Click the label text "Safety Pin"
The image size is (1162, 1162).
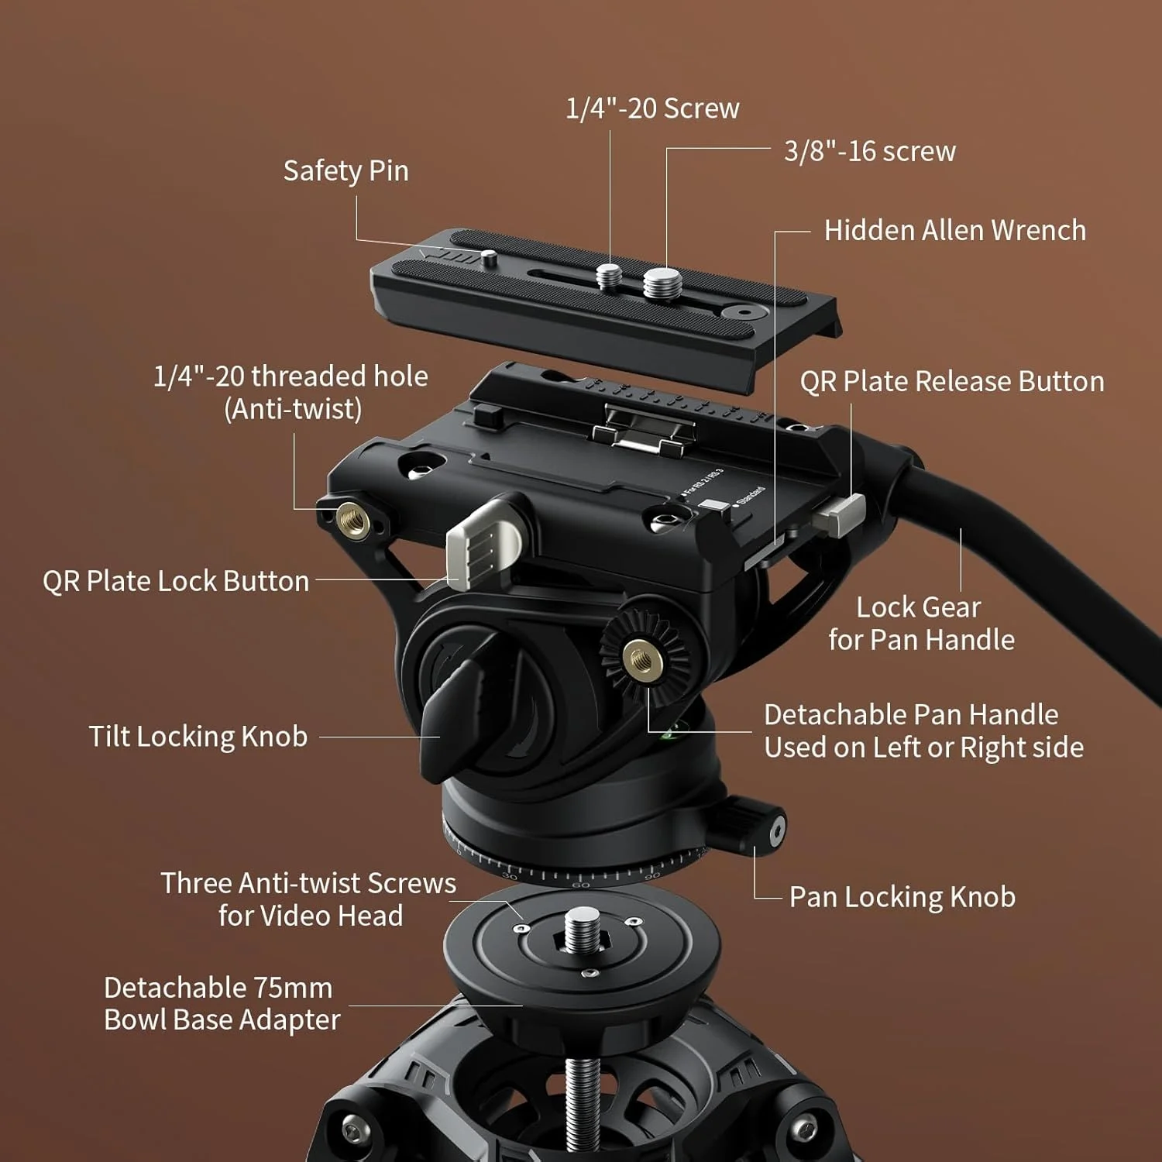coord(346,171)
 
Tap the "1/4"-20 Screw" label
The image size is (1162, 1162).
coord(652,108)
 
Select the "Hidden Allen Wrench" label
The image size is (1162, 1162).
coord(955,230)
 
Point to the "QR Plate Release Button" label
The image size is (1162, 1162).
coord(952,381)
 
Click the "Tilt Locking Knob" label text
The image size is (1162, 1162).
coord(198,737)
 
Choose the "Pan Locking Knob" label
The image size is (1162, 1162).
coord(902,897)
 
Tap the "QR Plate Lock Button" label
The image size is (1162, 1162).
coord(176,581)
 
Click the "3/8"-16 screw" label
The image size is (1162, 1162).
coord(870,151)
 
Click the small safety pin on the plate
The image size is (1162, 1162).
coord(488,257)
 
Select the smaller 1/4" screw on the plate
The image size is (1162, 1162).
coord(609,274)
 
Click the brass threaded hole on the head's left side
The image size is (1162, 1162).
coord(353,517)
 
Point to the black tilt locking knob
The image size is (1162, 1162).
coord(457,713)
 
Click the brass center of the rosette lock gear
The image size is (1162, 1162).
coord(643,659)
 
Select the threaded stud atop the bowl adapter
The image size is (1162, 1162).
coord(583,930)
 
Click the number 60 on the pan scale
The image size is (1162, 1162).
coord(580,884)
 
